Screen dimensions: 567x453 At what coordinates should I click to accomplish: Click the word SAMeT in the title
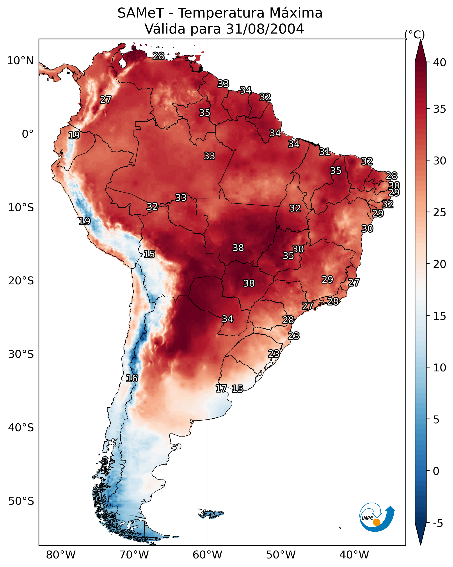(141, 13)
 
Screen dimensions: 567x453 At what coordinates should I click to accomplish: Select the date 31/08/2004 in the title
(265, 29)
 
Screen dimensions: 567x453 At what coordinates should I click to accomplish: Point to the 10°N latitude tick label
(20, 61)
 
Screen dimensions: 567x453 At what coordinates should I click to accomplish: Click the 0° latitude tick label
(28, 134)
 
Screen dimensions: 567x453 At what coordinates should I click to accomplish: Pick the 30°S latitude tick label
(21, 354)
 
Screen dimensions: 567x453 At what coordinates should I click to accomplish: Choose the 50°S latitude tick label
(21, 501)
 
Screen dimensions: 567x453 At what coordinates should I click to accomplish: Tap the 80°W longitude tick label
(61, 555)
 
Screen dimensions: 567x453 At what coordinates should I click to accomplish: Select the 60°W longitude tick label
(208, 555)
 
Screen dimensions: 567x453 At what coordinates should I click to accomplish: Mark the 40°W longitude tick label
(354, 555)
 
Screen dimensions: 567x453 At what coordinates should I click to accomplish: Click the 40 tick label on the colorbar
(440, 62)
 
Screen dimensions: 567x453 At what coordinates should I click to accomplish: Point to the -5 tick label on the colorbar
(438, 523)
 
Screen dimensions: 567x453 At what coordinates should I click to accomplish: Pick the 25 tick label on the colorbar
(440, 212)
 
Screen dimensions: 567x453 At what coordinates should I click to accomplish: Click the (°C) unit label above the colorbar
(415, 34)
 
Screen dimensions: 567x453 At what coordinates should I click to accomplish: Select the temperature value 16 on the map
(132, 378)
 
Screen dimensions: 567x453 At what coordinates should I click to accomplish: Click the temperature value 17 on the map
(221, 389)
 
